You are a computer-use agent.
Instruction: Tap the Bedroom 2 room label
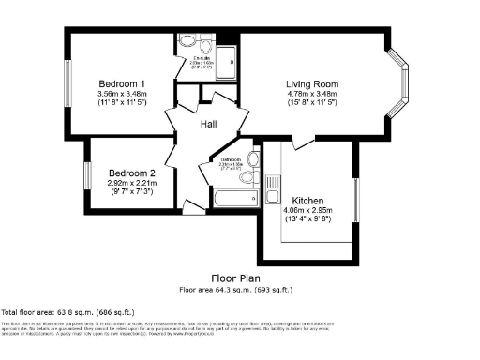point(131,172)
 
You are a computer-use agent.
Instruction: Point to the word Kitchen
point(308,201)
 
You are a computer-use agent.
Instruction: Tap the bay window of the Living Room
point(401,84)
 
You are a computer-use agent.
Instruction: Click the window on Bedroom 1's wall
point(67,84)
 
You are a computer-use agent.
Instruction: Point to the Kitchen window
point(355,201)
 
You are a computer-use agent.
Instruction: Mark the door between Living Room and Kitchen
point(303,142)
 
